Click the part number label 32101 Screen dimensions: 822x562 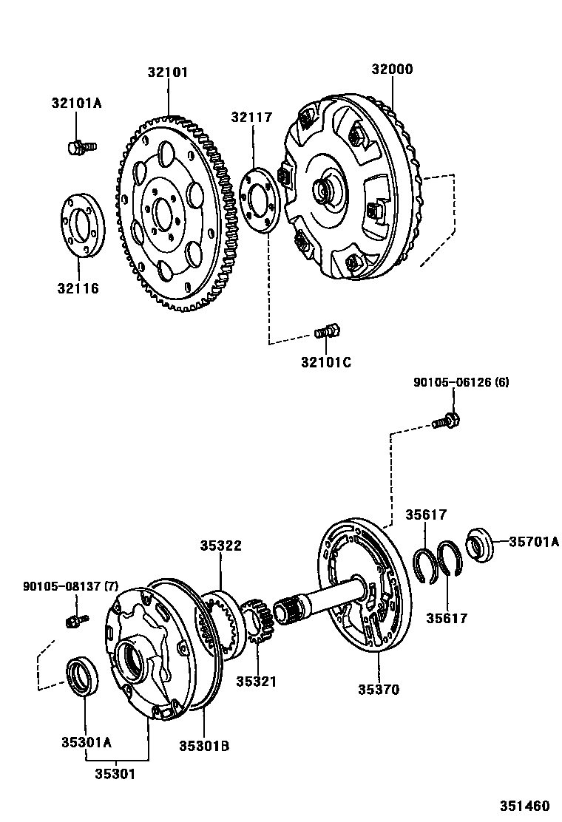(x=167, y=72)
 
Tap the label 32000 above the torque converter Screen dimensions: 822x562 (x=392, y=69)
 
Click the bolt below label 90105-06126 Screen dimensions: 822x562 (x=446, y=421)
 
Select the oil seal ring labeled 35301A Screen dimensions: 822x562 (x=82, y=675)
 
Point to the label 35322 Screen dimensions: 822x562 (x=220, y=546)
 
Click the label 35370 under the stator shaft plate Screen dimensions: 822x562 (x=379, y=689)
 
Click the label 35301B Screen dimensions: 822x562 (x=203, y=746)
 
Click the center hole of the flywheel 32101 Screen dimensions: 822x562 (x=164, y=215)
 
